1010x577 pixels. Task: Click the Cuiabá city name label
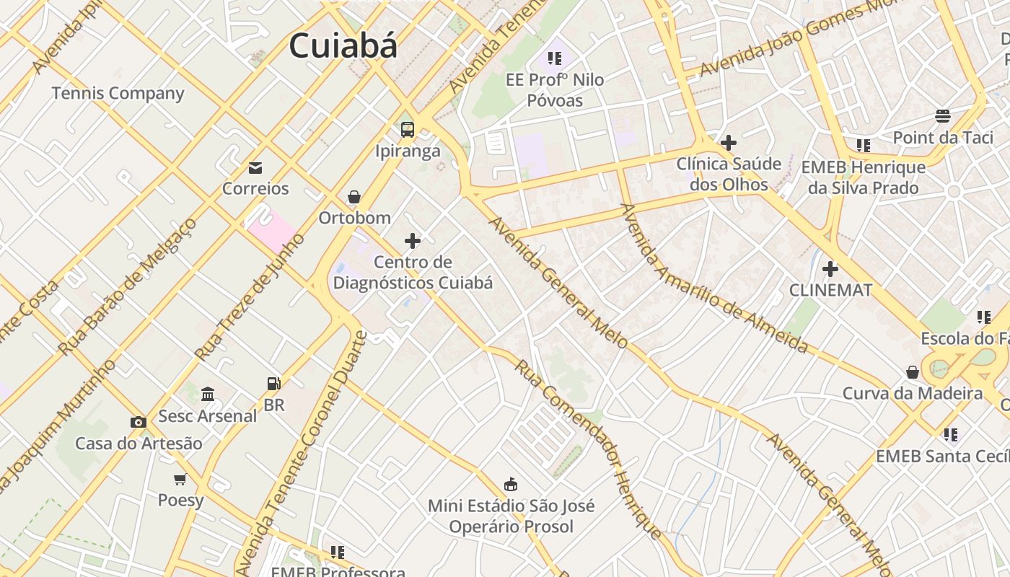tap(343, 46)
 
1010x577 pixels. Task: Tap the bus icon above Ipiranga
tap(408, 130)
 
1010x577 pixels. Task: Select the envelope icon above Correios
tap(255, 168)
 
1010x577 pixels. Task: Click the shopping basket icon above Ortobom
tap(354, 197)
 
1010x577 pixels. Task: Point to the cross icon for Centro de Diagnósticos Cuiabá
tap(413, 241)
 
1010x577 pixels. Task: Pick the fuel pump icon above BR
tap(273, 384)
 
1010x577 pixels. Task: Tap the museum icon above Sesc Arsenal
tap(208, 394)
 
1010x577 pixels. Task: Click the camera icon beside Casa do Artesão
tap(138, 423)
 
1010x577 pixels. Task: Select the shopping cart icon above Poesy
tap(180, 479)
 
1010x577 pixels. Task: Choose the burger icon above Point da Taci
tap(942, 115)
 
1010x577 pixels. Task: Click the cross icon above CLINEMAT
tap(830, 269)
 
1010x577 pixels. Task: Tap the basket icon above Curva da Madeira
tap(913, 372)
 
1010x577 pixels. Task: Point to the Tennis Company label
tap(118, 93)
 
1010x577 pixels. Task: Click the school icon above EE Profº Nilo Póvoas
tap(554, 58)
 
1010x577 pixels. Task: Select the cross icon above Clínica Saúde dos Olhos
tap(729, 143)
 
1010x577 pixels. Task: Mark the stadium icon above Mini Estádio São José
tap(511, 483)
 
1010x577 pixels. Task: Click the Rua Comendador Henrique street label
tap(588, 449)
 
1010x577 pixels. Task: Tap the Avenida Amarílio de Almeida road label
tap(714, 278)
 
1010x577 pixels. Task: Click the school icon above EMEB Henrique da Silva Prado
tap(864, 146)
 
